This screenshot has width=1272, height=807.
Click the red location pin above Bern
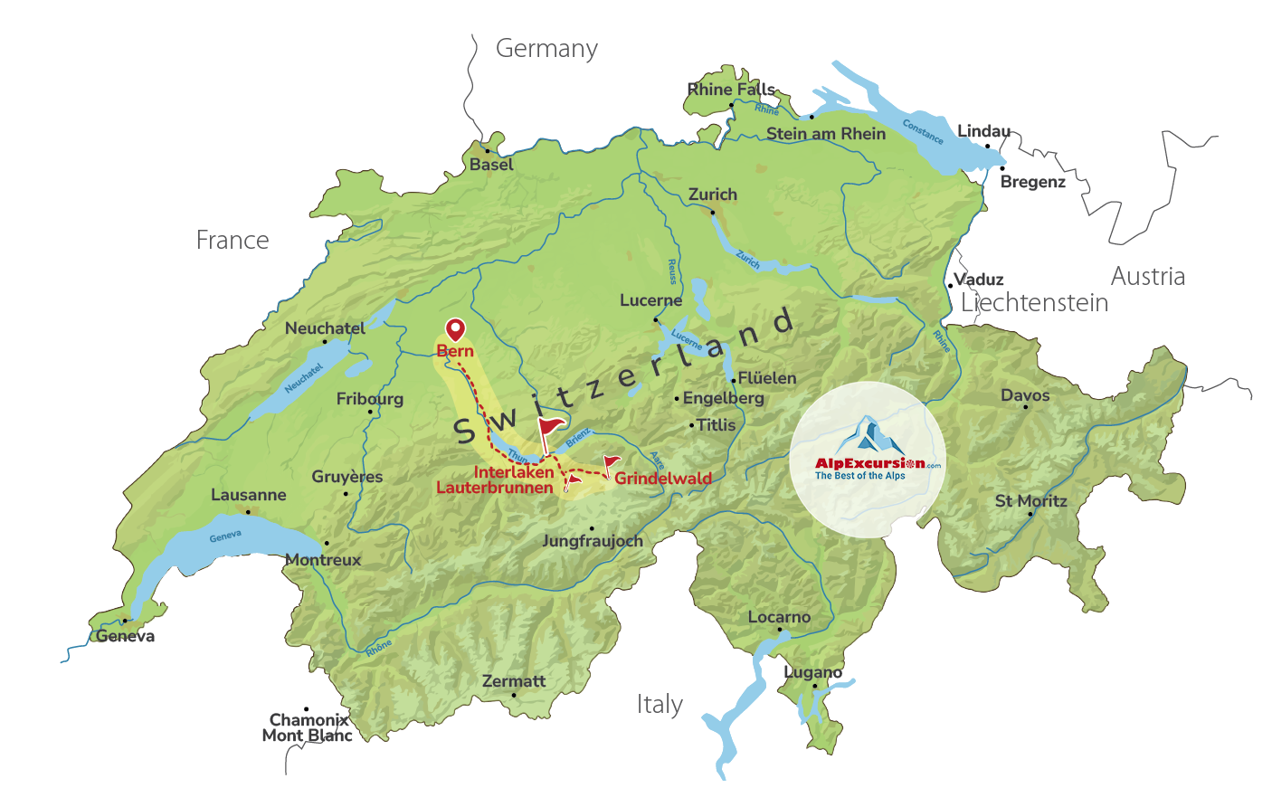point(455,329)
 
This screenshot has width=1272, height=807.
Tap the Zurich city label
point(713,195)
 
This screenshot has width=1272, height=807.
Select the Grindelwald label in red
point(663,478)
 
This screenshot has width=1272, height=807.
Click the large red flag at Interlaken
point(549,429)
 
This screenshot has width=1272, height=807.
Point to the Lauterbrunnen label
point(494,488)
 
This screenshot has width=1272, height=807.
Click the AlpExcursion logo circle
point(868,460)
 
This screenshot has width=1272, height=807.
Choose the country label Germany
point(546,48)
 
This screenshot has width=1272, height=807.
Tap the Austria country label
point(1147,276)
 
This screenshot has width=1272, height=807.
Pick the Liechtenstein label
point(1034,302)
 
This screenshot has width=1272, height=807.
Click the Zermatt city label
point(514,681)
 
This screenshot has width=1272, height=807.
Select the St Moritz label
point(1030,500)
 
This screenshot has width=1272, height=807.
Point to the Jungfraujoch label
point(593,541)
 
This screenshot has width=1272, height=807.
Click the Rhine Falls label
point(731,89)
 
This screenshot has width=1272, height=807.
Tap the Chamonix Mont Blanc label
point(308,727)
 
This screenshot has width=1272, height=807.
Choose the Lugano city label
point(812,672)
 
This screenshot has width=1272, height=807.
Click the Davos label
point(1025,395)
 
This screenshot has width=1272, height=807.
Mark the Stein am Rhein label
point(826,134)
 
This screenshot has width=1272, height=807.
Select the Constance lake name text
point(923,132)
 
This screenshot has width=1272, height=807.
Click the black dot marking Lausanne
point(248,511)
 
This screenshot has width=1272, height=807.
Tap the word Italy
point(660,704)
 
